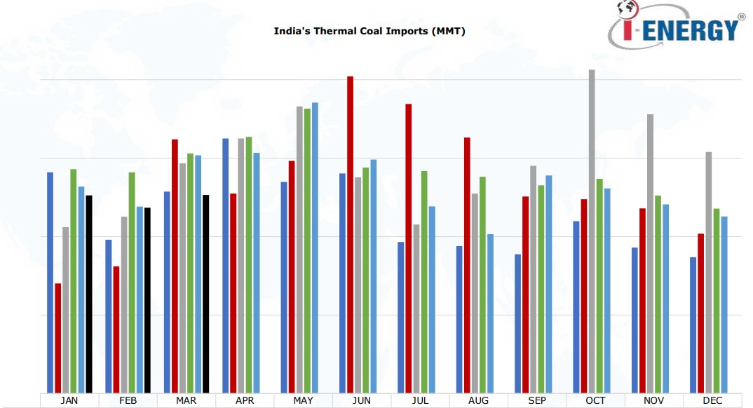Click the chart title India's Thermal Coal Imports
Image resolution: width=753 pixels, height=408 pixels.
(369, 32)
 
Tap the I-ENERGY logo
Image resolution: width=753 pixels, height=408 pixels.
(674, 27)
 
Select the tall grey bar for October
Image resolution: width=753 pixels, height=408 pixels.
(591, 231)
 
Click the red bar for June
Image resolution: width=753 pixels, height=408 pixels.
(350, 235)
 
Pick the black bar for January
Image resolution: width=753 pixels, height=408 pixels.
(89, 294)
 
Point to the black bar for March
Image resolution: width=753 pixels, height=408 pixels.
(206, 294)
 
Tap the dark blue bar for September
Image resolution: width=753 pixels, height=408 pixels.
(517, 323)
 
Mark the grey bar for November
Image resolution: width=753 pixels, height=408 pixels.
(650, 253)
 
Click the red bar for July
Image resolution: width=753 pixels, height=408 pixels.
(408, 248)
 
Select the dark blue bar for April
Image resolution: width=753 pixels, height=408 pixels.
(225, 266)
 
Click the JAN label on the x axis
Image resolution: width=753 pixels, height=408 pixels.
(69, 401)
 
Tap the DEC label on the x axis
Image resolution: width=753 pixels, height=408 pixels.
(712, 401)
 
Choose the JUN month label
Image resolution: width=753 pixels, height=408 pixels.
(361, 401)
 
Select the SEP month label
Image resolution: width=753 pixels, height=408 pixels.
(536, 401)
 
